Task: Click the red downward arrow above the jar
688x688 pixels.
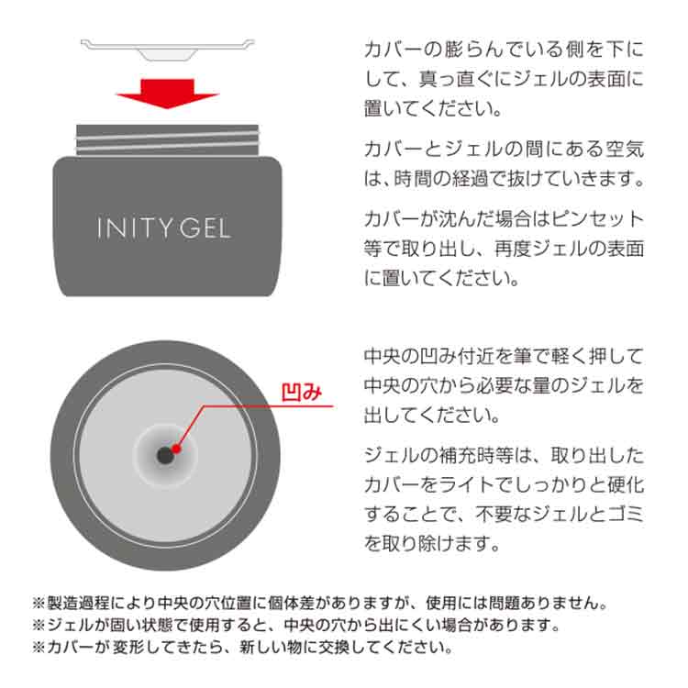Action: pos(166,92)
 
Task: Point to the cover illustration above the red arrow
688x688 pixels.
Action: pos(166,49)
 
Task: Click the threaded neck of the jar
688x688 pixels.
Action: pos(166,139)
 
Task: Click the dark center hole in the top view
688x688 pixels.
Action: pos(164,455)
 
